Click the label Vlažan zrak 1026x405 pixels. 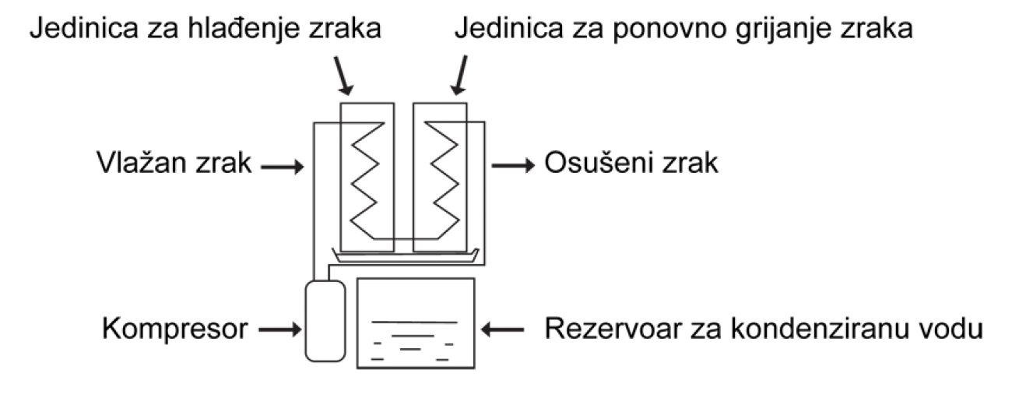pos(174,163)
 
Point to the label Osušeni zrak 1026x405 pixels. pos(631,163)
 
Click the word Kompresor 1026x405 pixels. pos(175,329)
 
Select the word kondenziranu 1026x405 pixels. pos(820,329)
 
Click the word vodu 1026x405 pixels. pos(950,329)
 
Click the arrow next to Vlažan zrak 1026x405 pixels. pos(283,167)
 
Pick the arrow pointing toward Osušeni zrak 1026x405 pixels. pos(513,165)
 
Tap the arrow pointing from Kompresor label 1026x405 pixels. pos(280,329)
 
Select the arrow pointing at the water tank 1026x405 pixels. pos(502,329)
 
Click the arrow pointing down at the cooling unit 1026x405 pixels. pos(343,76)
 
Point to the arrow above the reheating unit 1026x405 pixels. pos(459,75)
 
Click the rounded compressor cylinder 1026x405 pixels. pos(325,321)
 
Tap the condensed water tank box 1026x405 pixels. pos(416,323)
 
